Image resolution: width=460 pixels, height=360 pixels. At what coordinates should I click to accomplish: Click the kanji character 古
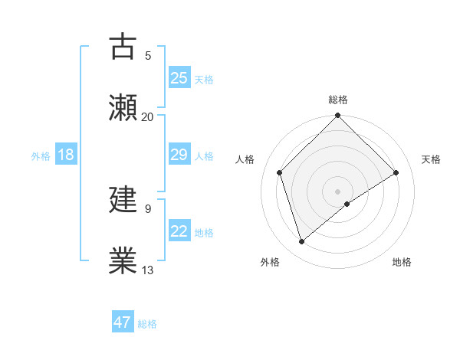coord(123,47)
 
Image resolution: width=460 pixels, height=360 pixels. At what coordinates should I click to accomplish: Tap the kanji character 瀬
coord(123,108)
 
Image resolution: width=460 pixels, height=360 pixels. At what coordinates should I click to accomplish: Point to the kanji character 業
coord(123,260)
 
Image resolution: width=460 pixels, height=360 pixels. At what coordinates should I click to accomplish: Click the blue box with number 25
coord(179,77)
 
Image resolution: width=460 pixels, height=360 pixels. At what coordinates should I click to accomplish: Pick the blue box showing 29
coord(179,155)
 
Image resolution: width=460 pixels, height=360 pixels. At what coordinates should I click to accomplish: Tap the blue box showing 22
coord(179,231)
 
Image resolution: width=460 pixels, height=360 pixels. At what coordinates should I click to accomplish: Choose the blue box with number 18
coord(66,155)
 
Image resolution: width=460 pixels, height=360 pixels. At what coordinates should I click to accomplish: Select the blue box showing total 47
coord(123,322)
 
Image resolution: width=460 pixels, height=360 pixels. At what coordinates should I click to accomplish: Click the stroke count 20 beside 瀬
coord(147,117)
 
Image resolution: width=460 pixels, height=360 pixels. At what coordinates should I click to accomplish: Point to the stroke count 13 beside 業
coord(147,270)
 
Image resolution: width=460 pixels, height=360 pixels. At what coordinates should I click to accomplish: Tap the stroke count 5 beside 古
coord(147,56)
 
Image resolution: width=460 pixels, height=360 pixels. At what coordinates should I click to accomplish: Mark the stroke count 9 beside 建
coord(147,208)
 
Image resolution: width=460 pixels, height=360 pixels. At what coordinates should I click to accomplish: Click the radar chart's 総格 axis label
coord(338,100)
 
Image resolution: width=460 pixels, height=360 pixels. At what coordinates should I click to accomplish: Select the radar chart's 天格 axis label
coord(431,159)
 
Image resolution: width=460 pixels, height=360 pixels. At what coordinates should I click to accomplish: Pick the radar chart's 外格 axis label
coord(270,263)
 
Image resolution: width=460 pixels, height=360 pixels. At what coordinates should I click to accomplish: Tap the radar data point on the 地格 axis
coord(347,204)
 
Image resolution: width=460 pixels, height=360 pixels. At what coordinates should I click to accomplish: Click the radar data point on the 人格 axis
coord(280,172)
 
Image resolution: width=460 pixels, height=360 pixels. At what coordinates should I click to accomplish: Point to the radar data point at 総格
coord(338,116)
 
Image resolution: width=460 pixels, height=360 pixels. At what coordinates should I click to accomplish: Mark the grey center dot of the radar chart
coord(338,191)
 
